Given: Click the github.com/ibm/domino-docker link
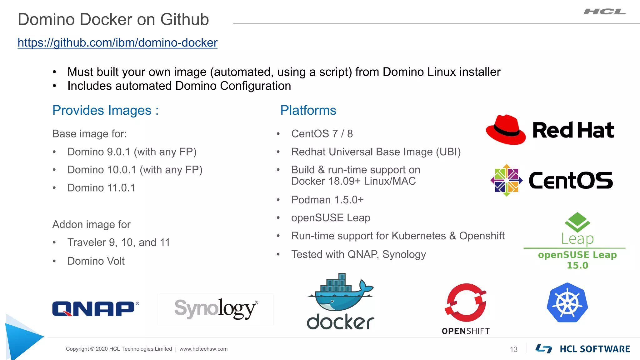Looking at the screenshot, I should [117, 43].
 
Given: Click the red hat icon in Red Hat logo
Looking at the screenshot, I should [506, 130].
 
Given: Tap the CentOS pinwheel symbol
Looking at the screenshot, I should [506, 180].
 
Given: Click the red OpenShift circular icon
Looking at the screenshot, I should [466, 302].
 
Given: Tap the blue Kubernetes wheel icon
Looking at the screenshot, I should [567, 302].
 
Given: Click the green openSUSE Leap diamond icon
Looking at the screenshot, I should [577, 222].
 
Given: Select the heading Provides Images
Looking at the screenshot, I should [105, 110].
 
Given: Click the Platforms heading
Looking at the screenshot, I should [308, 110].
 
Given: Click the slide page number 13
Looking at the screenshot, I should [513, 349].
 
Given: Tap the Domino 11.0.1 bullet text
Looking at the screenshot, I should [101, 188].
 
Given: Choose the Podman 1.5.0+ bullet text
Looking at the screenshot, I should [327, 200].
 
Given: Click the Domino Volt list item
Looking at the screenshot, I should [96, 261].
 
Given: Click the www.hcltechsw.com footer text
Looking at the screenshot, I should [203, 349].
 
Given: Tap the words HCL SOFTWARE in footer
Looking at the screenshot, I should [594, 349].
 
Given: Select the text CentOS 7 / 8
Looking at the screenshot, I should [322, 134].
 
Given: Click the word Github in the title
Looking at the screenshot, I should [184, 19].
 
